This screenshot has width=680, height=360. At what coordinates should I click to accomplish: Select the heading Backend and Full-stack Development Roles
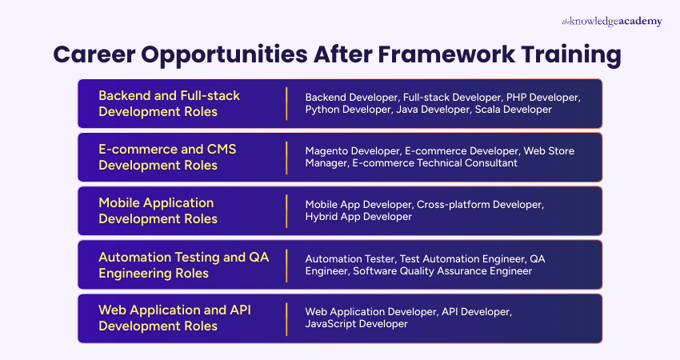169,103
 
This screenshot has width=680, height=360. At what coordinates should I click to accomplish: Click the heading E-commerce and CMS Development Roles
167,157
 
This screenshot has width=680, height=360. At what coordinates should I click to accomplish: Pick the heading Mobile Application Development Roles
158,210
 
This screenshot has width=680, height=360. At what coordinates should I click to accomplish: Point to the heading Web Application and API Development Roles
174,318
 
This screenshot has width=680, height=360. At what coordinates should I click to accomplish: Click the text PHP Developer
542,97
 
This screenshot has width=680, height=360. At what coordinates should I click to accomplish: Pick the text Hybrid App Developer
358,217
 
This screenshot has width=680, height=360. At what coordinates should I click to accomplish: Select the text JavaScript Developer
356,324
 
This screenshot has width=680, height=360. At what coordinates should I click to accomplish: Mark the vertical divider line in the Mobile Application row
286,210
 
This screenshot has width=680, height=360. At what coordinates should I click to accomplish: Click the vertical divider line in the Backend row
286,103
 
